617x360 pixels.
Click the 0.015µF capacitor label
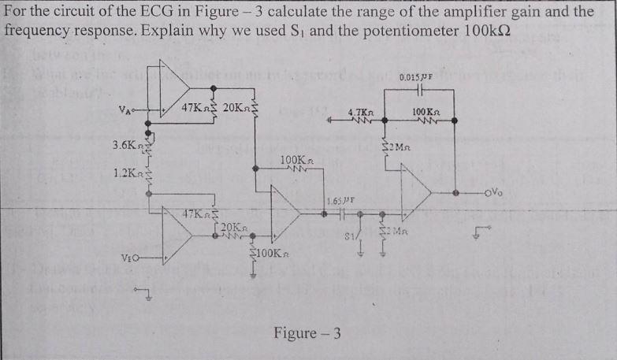418,76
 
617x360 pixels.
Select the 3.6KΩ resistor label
127,145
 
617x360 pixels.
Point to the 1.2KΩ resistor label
127,173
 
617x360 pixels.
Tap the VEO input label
129,258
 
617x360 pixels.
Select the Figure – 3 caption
307,332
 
